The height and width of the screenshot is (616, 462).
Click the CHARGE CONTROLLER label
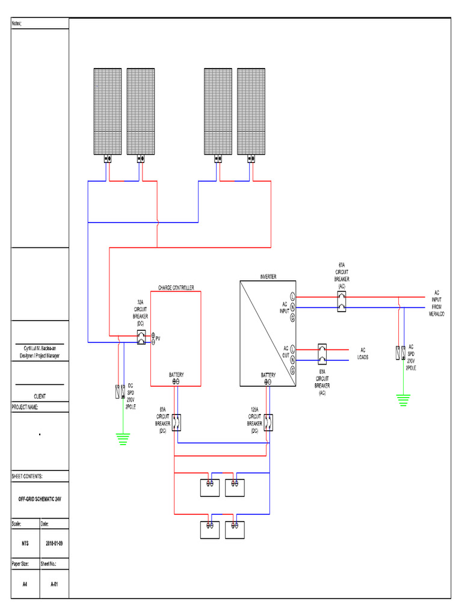pos(176,288)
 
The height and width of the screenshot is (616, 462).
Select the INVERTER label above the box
pos(268,277)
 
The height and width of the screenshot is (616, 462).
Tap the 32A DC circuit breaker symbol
pos(141,337)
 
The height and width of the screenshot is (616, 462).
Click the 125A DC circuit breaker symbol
pos(268,422)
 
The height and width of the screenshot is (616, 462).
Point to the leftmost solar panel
pos(108,111)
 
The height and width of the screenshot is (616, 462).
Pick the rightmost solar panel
pos(251,111)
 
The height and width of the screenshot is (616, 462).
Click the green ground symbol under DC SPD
pos(123,440)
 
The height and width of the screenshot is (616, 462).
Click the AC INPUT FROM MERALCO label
pos(437,303)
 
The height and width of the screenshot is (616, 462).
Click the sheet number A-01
pos(54,584)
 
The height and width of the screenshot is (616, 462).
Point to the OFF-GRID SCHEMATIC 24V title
pos(40,499)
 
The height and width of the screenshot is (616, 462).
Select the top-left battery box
pos(210,487)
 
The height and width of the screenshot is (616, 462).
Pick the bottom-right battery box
pos(235,529)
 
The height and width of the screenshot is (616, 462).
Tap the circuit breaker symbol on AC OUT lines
pos(322,354)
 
